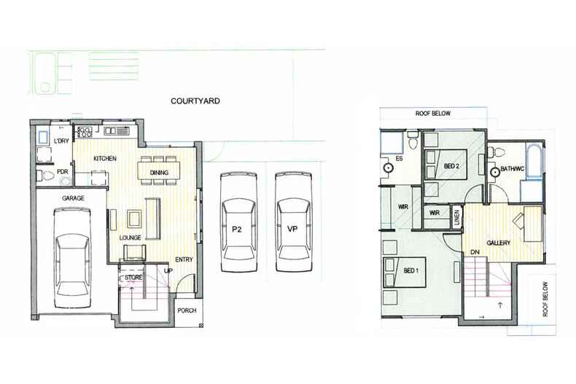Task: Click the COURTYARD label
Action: pos(195,101)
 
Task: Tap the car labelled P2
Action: pos(238,222)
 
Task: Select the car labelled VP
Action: pos(294,222)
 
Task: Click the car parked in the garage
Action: pos(72,258)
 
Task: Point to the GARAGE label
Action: pos(73,198)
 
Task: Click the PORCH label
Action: pos(187,310)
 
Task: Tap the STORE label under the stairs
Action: pos(133,278)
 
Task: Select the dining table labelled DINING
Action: pos(159,171)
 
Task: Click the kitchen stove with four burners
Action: pos(85,132)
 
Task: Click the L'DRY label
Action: pos(61,141)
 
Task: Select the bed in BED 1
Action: pos(405,273)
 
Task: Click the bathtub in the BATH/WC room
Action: pos(534,162)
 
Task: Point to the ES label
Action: pos(400,159)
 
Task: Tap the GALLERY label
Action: pos(498,243)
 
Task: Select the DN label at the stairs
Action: pos(475,252)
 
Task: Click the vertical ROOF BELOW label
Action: pos(545,299)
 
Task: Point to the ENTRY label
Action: pos(184,259)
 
